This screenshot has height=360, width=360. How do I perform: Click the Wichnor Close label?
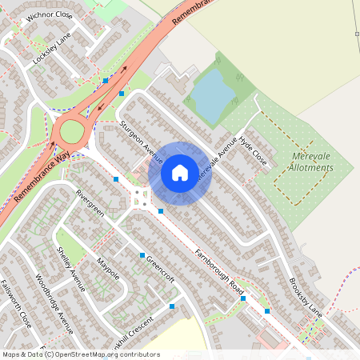tap(49, 16)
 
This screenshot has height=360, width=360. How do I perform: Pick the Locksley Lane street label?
tap(52, 49)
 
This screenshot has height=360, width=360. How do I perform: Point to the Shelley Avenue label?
tap(70, 262)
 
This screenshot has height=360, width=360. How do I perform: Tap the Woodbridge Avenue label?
tap(54, 305)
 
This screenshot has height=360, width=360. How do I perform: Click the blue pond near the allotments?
tap(212, 94)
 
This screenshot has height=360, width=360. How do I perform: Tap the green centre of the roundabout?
tap(71, 129)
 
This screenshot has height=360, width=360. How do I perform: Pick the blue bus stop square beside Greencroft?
tap(142, 255)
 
